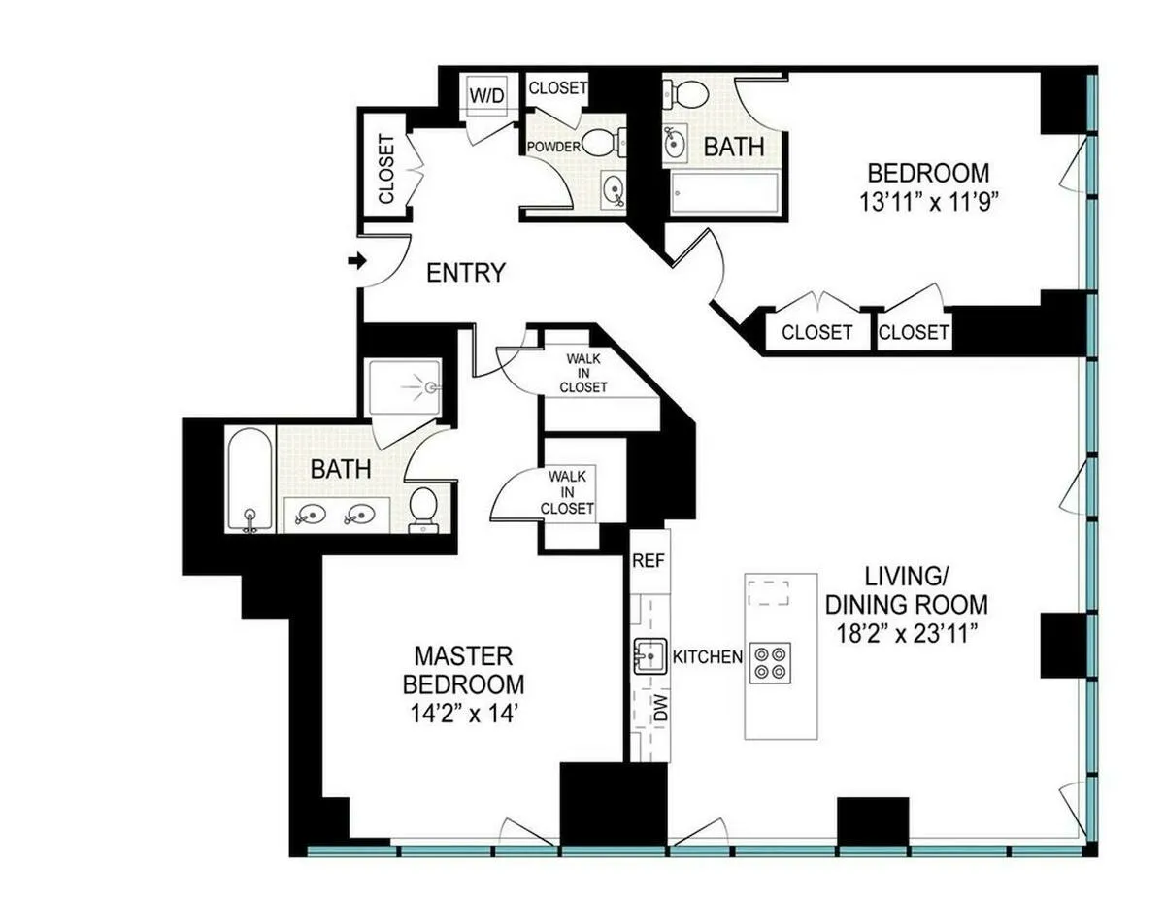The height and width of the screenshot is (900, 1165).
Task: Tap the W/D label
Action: point(486,95)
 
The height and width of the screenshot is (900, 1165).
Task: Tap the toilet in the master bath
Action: point(423,509)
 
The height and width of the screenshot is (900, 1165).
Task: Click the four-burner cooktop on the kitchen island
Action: point(772,661)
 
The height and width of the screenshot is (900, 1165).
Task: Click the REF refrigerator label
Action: point(647,561)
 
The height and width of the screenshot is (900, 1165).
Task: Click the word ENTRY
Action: point(467,273)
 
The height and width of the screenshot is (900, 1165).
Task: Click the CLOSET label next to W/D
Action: point(557,87)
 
